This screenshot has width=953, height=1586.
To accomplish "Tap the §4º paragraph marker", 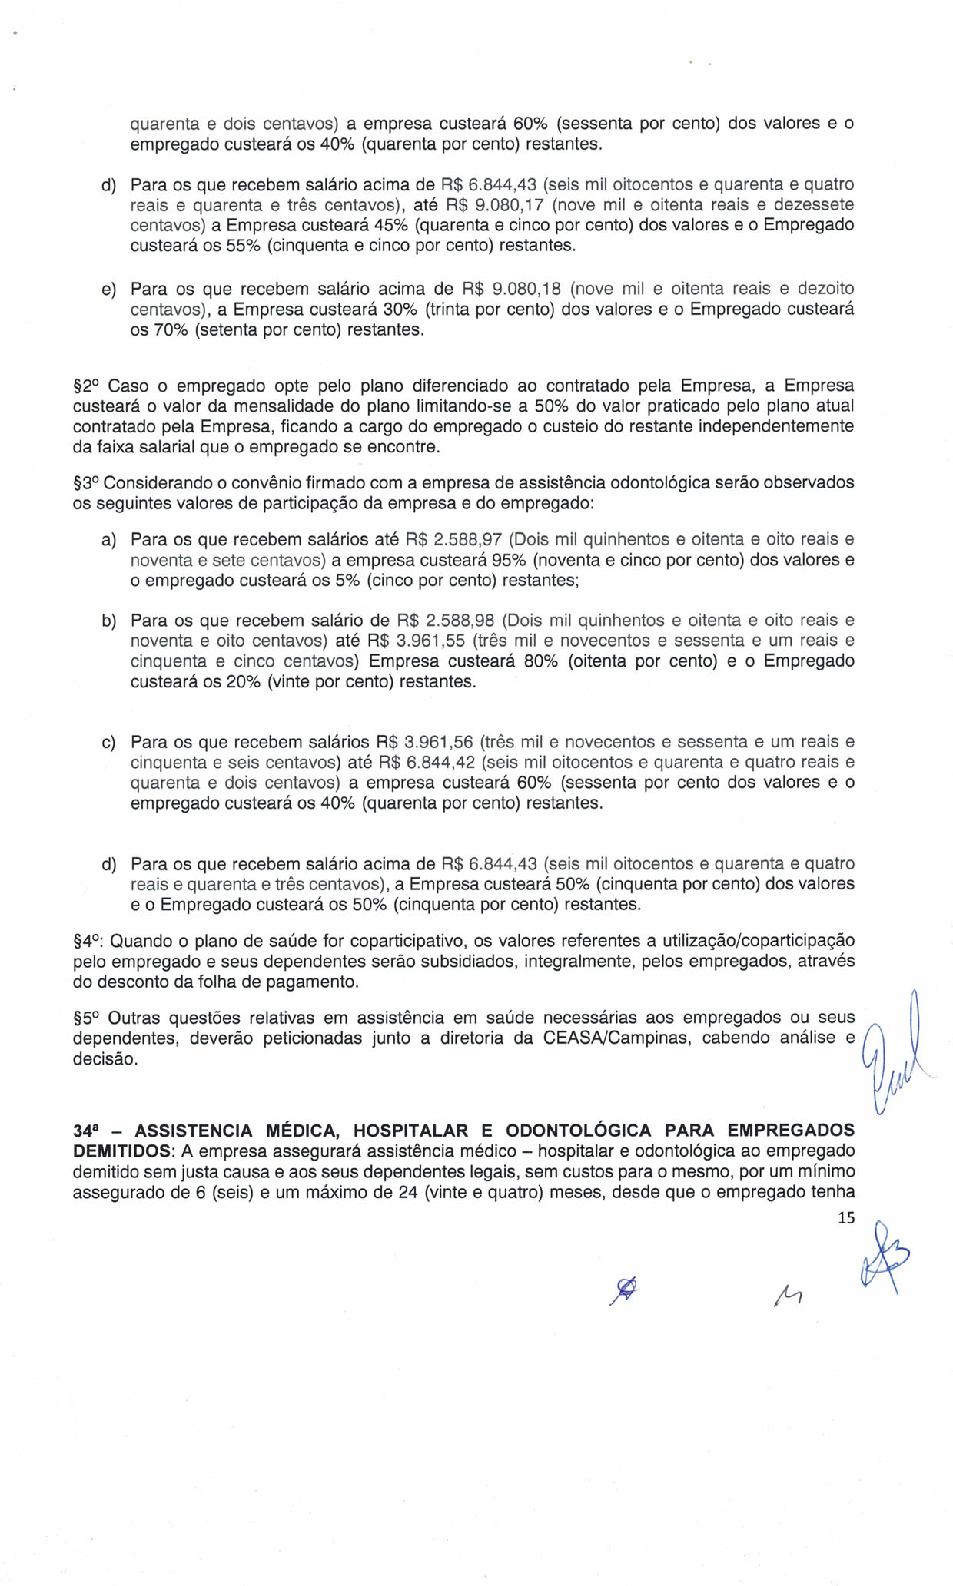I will coord(89,941).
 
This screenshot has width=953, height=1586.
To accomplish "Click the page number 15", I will coord(845,1217).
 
